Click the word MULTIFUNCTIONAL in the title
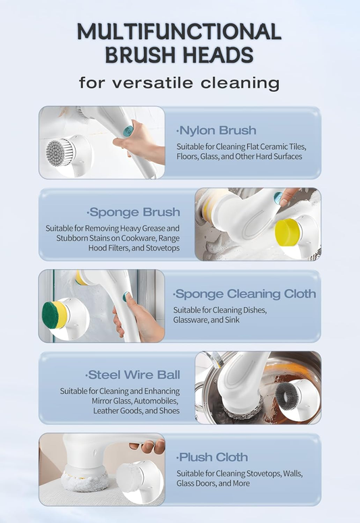(x=180, y=32)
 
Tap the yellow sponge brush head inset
(x=288, y=231)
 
